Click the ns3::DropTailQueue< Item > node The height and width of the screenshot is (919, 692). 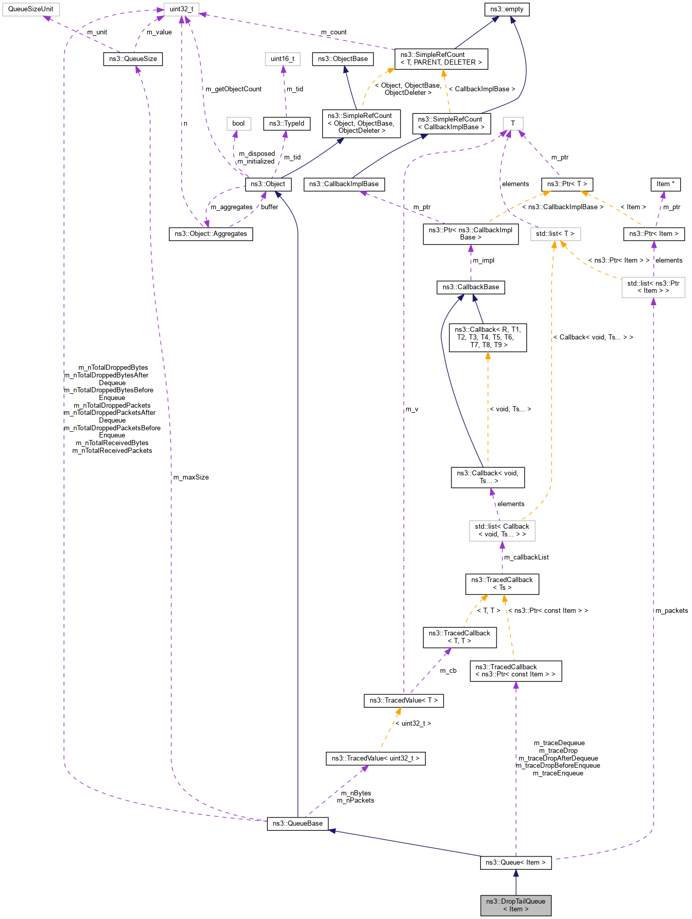pyautogui.click(x=516, y=905)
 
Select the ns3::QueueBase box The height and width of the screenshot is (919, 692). pyautogui.click(x=298, y=823)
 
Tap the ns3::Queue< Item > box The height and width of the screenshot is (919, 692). pyautogui.click(x=516, y=862)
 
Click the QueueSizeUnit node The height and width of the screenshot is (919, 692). pyautogui.click(x=31, y=9)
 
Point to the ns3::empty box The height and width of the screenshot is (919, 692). pyautogui.click(x=507, y=9)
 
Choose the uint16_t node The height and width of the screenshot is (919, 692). pyautogui.click(x=283, y=58)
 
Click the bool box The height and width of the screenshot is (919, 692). pyautogui.click(x=239, y=123)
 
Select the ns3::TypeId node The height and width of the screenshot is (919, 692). pyautogui.click(x=287, y=123)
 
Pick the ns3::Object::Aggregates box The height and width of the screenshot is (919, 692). pyautogui.click(x=211, y=233)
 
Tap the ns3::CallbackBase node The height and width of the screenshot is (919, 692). pyautogui.click(x=470, y=287)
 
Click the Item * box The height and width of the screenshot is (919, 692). pyautogui.click(x=666, y=184)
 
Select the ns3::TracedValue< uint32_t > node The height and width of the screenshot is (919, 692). pyautogui.click(x=375, y=758)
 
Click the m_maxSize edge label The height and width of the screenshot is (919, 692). pyautogui.click(x=191, y=477)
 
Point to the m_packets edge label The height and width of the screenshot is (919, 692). pyautogui.click(x=671, y=610)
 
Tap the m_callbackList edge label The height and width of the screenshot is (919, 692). pyautogui.click(x=526, y=557)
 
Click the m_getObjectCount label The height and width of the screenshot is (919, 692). pyautogui.click(x=233, y=89)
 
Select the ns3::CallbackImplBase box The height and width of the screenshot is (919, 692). pyautogui.click(x=344, y=184)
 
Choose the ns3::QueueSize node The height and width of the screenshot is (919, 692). pyautogui.click(x=133, y=58)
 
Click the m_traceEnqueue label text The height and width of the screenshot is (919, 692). pyautogui.click(x=558, y=773)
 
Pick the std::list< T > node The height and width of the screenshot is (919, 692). pyautogui.click(x=556, y=233)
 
